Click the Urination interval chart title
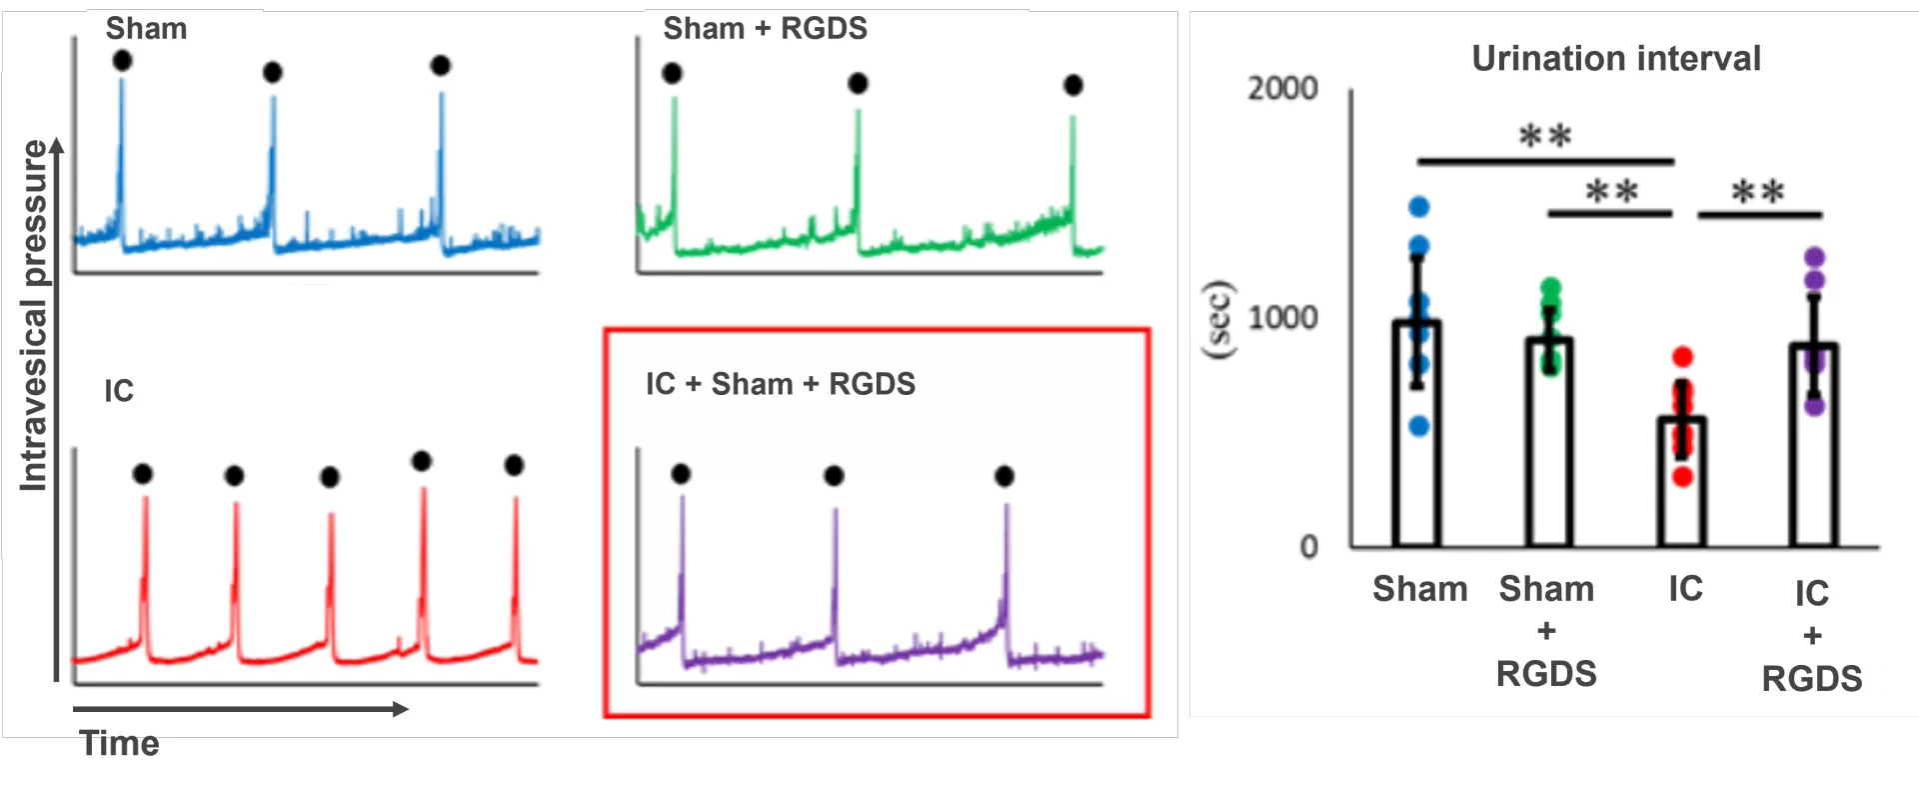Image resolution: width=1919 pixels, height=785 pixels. (1616, 59)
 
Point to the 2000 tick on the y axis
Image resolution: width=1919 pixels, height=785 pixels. (1282, 89)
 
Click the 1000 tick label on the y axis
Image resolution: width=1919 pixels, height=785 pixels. (1282, 318)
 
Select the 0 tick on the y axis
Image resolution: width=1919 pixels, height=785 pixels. (1308, 547)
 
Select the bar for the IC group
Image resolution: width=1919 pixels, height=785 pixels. (1682, 481)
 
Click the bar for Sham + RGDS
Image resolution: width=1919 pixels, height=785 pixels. (1549, 442)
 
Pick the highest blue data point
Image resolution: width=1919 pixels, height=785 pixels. (1419, 207)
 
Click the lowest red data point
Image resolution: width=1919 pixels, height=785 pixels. (1683, 477)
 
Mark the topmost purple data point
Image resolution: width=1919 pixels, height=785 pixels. (1815, 257)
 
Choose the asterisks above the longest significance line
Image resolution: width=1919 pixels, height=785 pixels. (1545, 136)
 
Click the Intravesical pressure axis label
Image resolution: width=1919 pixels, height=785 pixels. (34, 316)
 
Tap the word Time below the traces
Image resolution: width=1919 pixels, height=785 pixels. (120, 744)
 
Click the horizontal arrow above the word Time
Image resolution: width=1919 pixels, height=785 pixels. (240, 709)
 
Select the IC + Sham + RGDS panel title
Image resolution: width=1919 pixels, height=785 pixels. (780, 384)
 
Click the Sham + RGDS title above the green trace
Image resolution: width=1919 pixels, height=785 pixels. (765, 29)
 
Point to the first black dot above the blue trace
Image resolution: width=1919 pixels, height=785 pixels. (122, 61)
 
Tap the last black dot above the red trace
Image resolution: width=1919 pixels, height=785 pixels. (514, 465)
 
